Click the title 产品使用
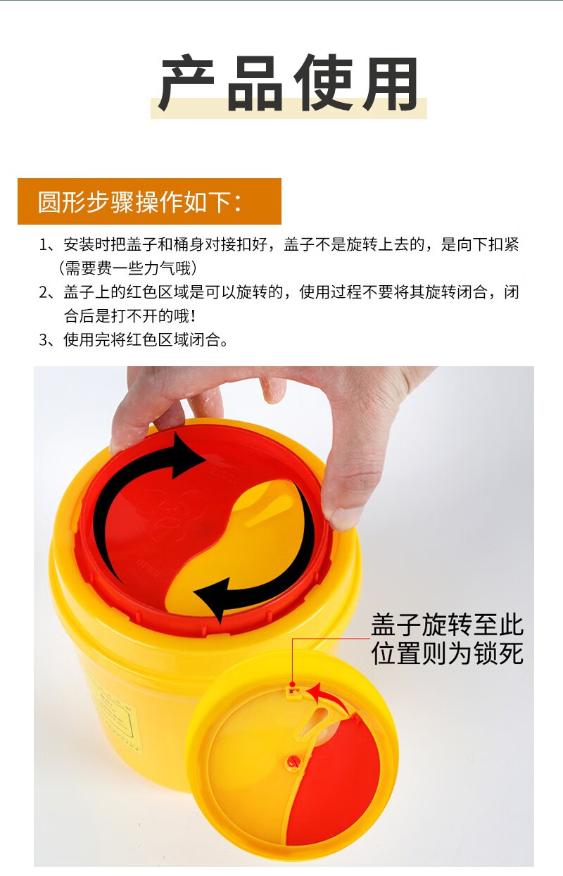coord(288,84)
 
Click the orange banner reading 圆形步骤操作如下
coord(149,201)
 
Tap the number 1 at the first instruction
coord(44,245)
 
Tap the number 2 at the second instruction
coord(44,292)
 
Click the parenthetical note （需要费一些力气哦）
coord(127,268)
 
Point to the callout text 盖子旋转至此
coord(447,625)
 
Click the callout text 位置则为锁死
coord(447,653)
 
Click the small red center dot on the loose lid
coord(292,761)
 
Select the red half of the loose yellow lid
coord(338,782)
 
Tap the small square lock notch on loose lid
coord(291,692)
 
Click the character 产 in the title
coord(186,84)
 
